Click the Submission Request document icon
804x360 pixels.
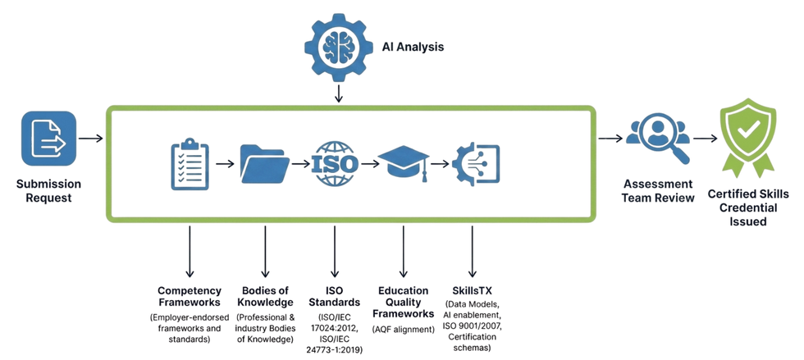point(48,139)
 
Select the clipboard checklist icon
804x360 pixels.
point(190,164)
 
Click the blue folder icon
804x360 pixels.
point(265,164)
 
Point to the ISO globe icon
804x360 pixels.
point(335,164)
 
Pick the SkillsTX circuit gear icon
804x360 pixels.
point(475,164)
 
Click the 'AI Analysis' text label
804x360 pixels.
point(413,48)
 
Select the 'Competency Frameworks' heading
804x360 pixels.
point(190,297)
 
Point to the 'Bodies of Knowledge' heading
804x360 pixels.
point(265,297)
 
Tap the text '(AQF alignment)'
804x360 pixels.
point(404,330)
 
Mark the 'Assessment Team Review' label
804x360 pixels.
point(658,191)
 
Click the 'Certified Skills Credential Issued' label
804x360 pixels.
point(748,207)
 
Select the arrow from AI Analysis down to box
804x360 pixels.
point(338,94)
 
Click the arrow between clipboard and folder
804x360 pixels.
point(225,164)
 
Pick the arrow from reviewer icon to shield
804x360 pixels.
point(706,139)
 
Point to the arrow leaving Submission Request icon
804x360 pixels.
point(91,139)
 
